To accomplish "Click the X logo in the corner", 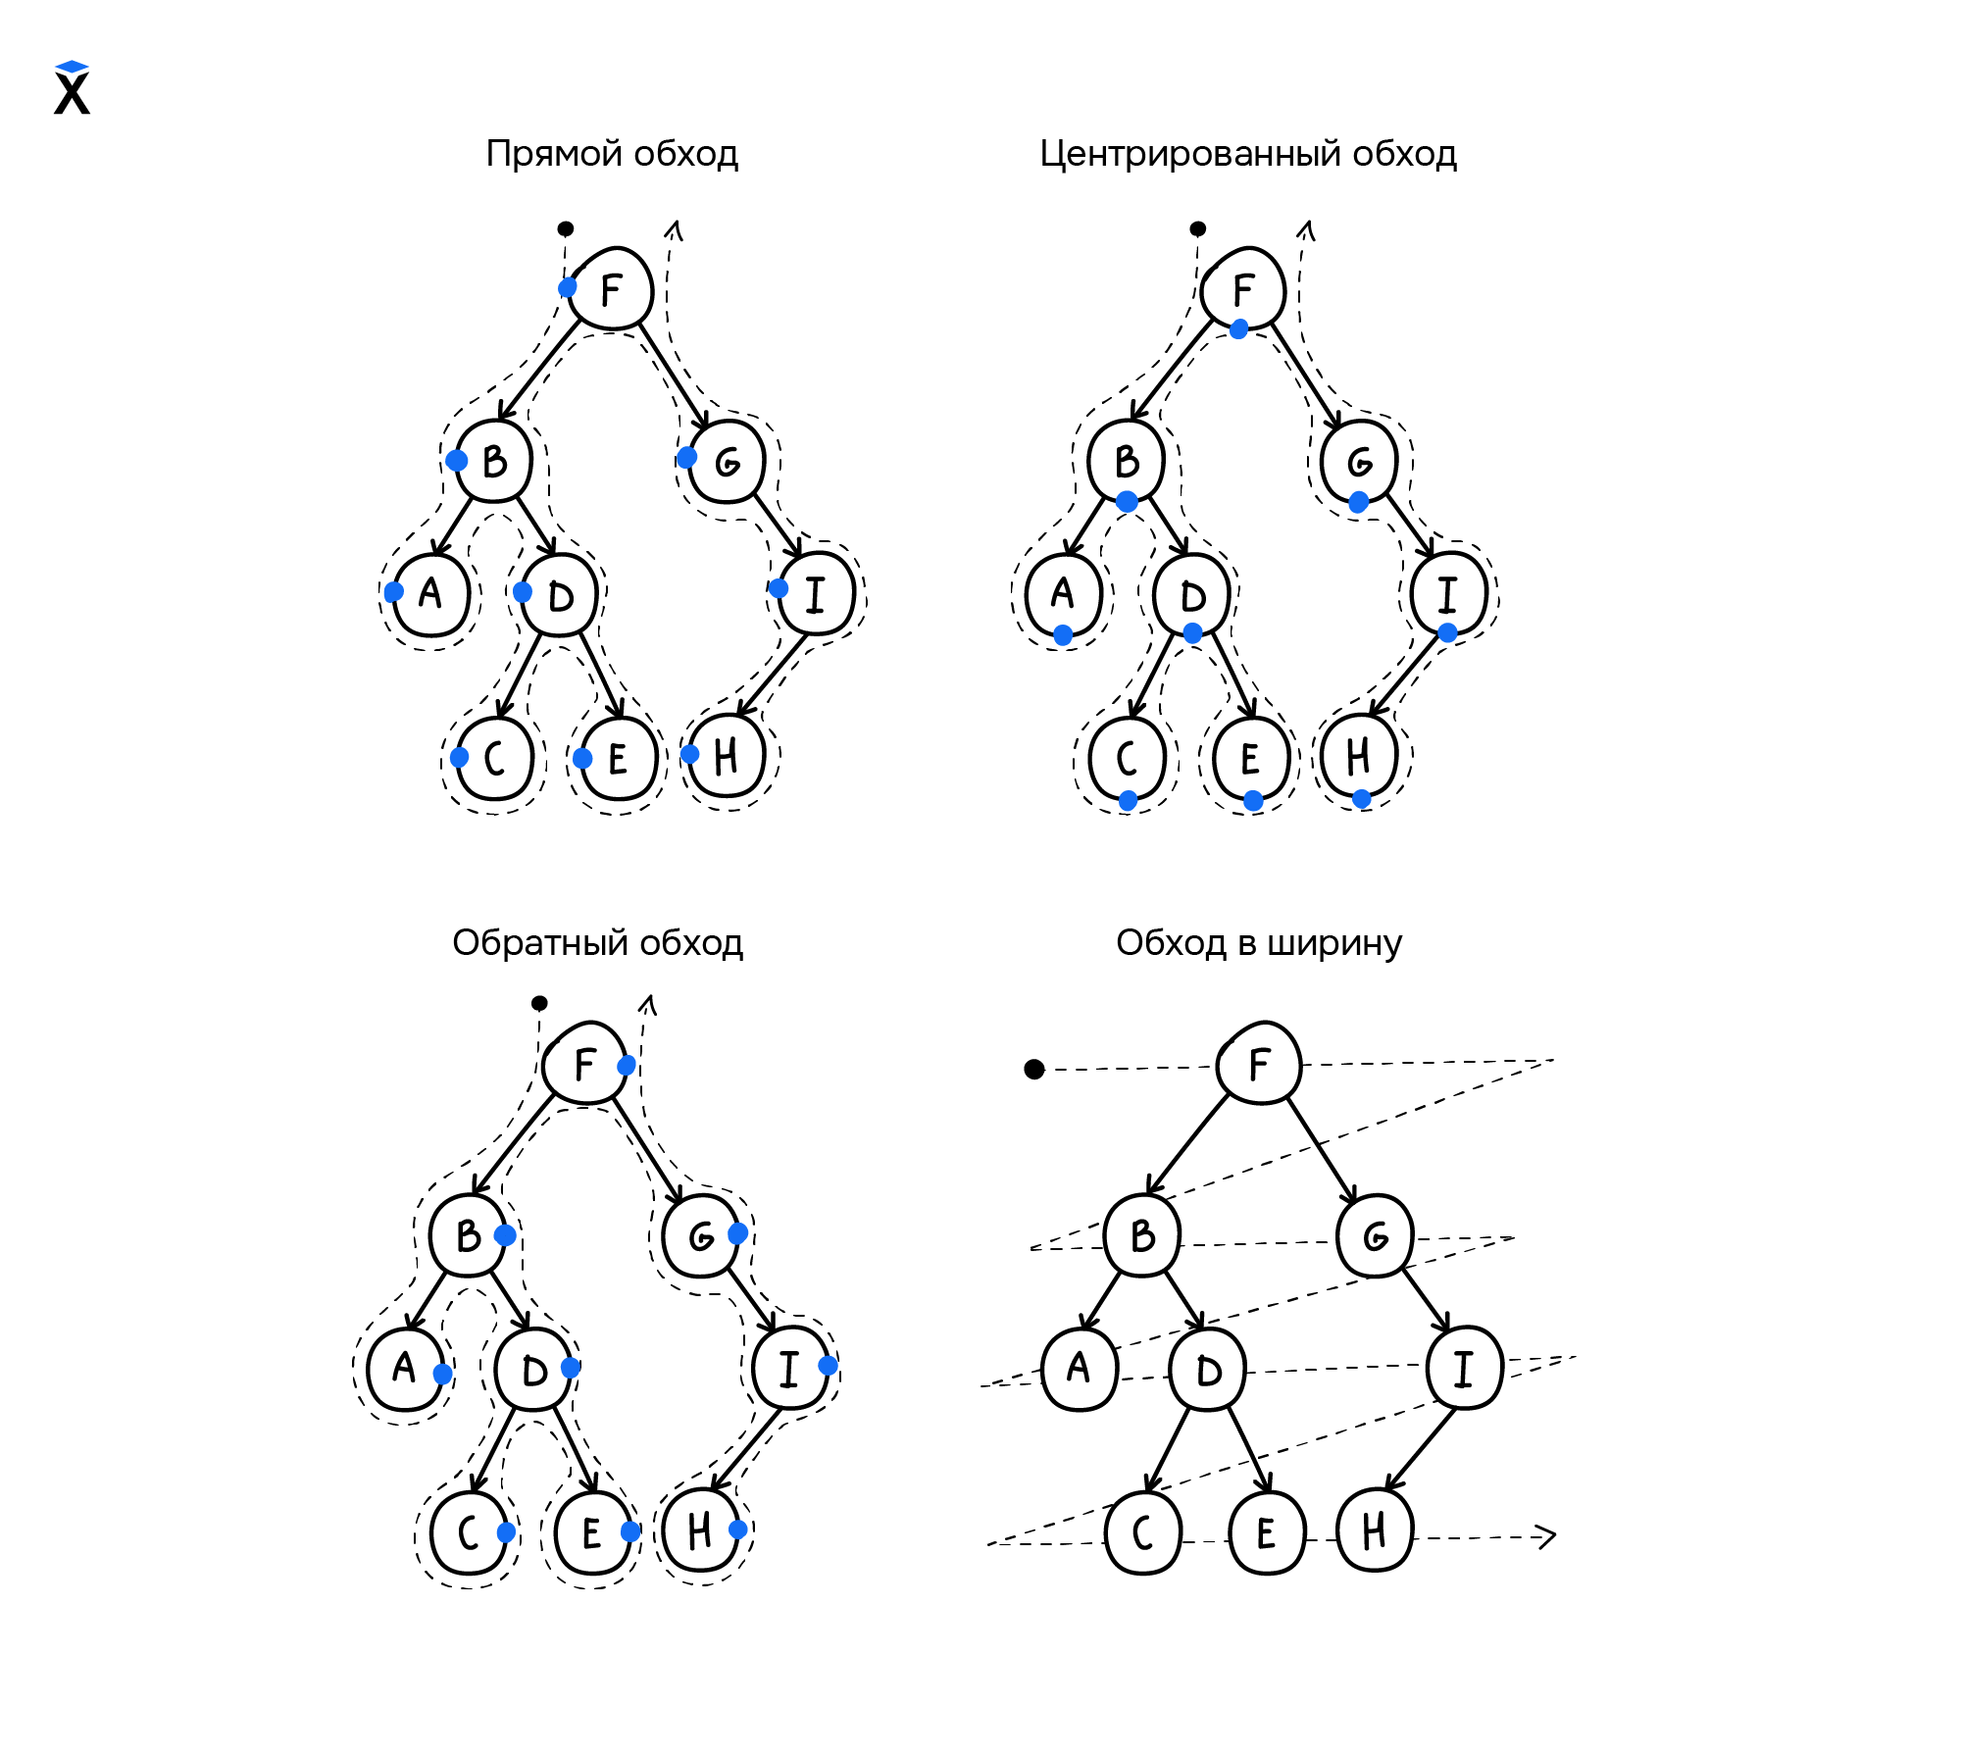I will (72, 89).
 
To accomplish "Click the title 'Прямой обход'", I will (612, 154).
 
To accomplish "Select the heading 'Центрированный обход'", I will (1247, 154).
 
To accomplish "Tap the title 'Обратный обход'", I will (597, 943).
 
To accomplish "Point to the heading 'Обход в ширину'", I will (1258, 943).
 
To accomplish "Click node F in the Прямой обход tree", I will (611, 289).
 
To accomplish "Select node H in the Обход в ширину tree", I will (1375, 1530).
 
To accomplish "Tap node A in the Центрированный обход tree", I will (1063, 594).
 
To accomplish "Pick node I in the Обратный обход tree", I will (790, 1369).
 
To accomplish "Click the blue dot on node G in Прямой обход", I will (687, 458).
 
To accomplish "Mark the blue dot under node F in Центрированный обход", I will (1238, 329).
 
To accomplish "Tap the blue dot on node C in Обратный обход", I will (506, 1531).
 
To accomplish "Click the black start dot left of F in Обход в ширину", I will (1034, 1069).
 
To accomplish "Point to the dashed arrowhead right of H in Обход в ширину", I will (1546, 1536).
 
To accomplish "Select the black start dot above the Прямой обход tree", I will (566, 228).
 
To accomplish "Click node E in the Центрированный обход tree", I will (1250, 759).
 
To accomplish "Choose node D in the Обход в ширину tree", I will (1208, 1371).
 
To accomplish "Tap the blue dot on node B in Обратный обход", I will (505, 1235).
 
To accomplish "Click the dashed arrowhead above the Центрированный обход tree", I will (1306, 231).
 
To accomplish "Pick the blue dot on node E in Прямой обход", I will (582, 758).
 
